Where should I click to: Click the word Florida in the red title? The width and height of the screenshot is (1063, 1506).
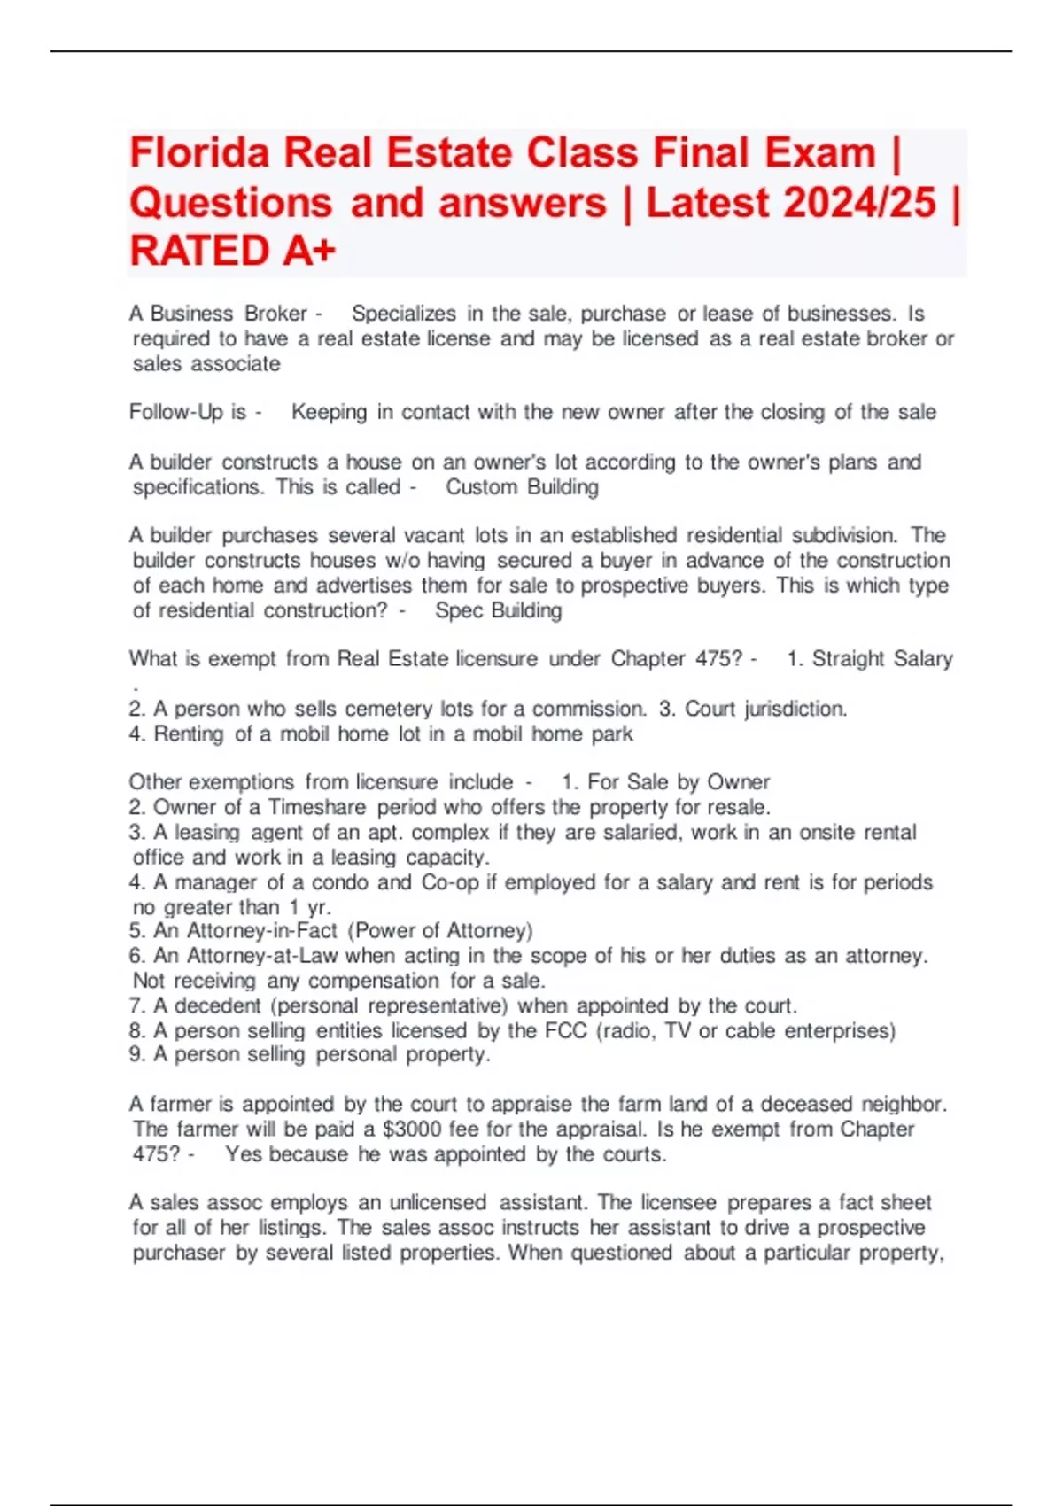pyautogui.click(x=199, y=153)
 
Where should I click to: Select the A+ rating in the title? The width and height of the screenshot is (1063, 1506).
pyautogui.click(x=309, y=251)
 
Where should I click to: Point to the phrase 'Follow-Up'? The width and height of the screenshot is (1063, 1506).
pyautogui.click(x=176, y=412)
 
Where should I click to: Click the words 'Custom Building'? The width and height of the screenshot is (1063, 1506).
pyautogui.click(x=522, y=487)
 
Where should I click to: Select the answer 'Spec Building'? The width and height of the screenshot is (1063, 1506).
pyautogui.click(x=498, y=610)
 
